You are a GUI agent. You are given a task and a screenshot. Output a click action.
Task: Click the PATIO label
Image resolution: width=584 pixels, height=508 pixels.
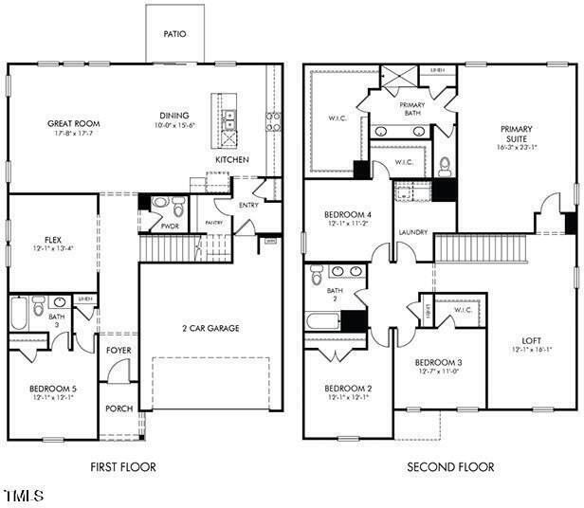coord(175,34)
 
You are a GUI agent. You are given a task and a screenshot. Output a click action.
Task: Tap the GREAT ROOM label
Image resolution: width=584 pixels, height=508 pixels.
coord(74,124)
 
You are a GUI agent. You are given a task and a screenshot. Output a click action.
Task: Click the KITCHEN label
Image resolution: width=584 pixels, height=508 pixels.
coord(231,160)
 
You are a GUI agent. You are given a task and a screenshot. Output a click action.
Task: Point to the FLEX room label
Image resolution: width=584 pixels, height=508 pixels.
coord(53,240)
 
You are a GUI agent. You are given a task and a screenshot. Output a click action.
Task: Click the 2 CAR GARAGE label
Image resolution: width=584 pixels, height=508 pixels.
coord(210,328)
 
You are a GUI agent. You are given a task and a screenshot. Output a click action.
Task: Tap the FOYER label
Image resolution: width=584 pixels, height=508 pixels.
coord(119,351)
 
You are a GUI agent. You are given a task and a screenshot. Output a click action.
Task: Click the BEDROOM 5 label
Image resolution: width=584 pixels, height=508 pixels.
coord(53,388)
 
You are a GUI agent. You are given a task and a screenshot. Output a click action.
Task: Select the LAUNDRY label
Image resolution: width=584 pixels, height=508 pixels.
coord(413,232)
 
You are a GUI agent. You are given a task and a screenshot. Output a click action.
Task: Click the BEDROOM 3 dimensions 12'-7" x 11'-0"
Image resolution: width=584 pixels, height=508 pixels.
coord(438,372)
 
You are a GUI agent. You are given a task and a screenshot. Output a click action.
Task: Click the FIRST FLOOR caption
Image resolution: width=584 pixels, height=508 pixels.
coord(123,467)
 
